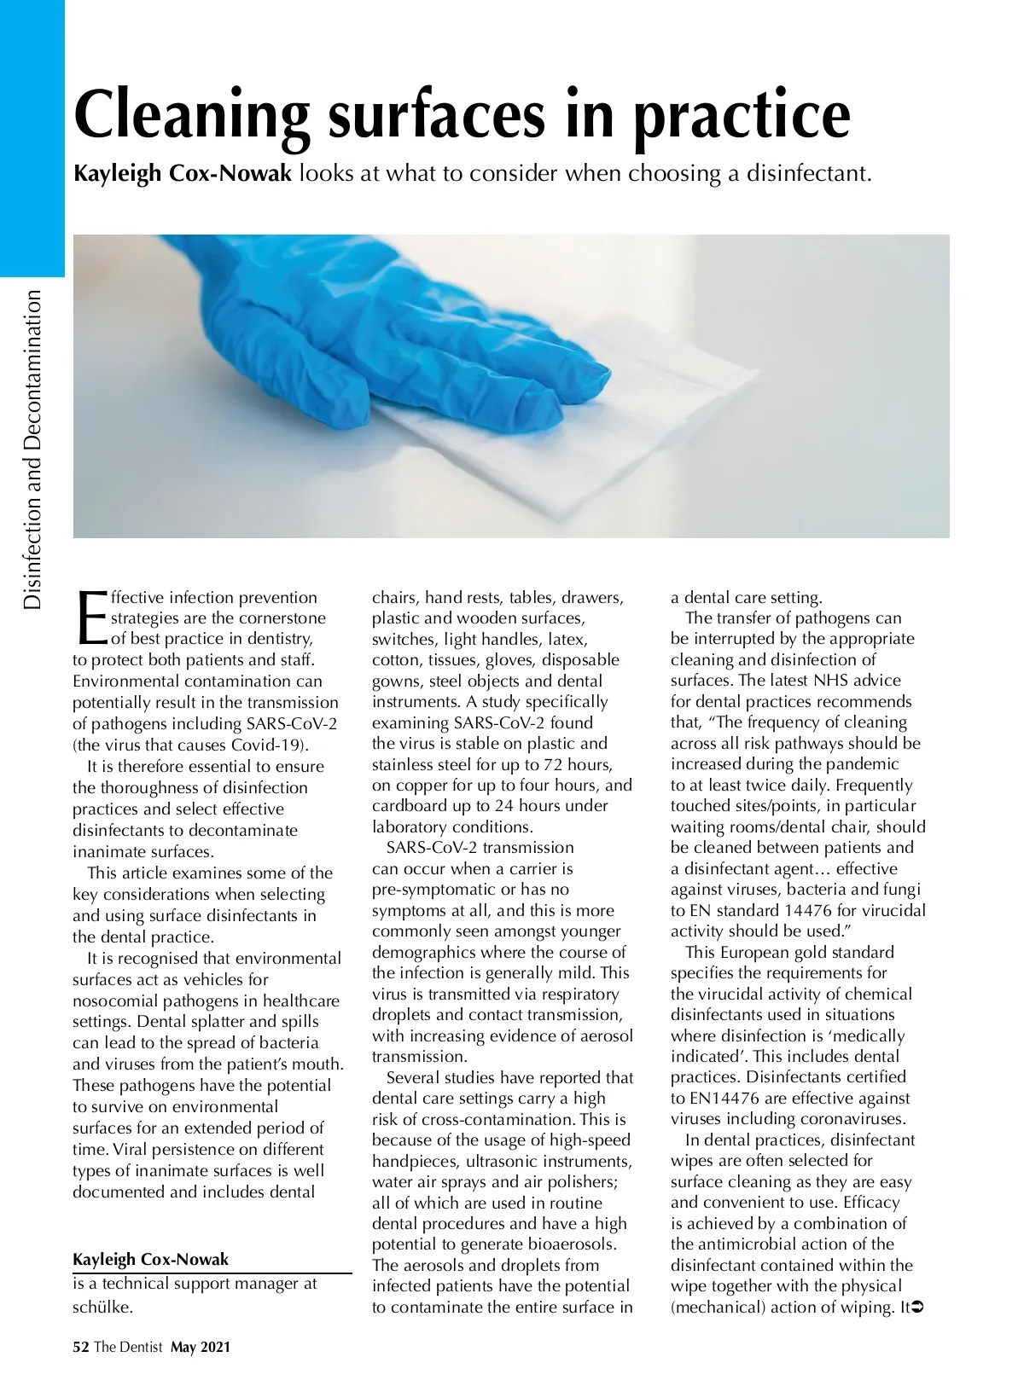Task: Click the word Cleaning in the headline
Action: click(x=191, y=115)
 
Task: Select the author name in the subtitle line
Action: click(x=183, y=174)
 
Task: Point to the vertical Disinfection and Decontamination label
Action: click(x=32, y=449)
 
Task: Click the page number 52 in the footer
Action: click(x=81, y=1348)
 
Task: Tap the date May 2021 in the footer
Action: click(x=201, y=1348)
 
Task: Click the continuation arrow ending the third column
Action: click(x=918, y=1307)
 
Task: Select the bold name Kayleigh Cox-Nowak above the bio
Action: click(x=150, y=1259)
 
